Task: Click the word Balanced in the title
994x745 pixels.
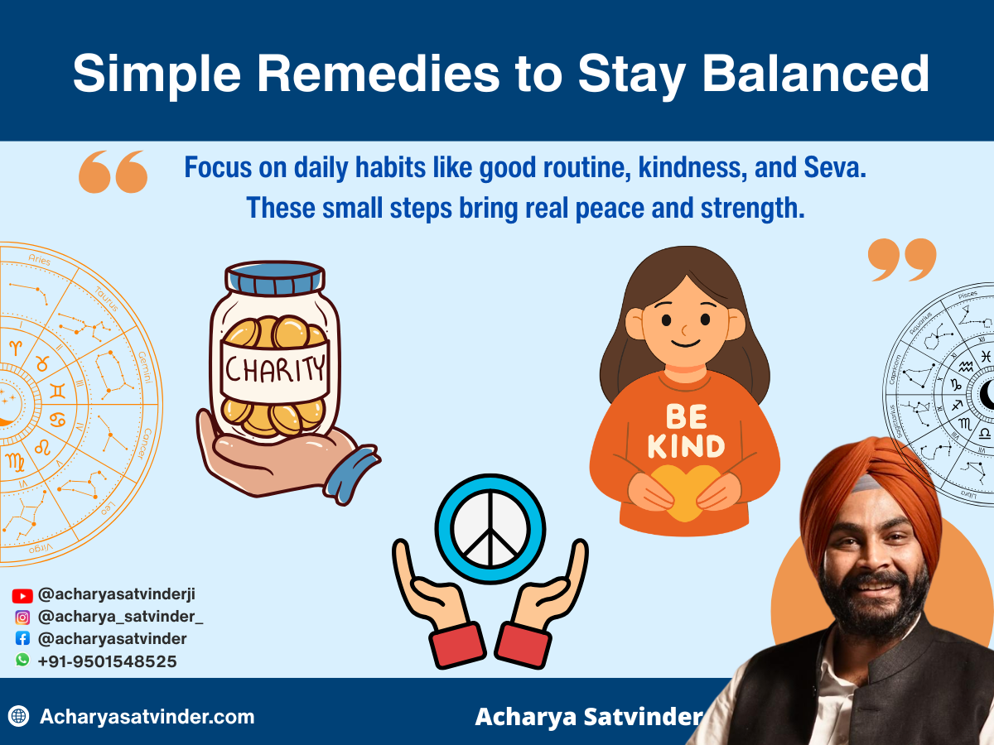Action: [x=816, y=74]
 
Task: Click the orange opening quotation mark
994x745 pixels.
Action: [x=113, y=172]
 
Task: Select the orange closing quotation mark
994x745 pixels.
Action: [x=902, y=259]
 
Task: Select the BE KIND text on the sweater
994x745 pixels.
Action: [x=684, y=431]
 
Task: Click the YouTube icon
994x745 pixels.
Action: [x=22, y=595]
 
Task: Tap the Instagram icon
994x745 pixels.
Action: [x=22, y=618]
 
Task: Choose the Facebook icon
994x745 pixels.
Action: [x=22, y=639]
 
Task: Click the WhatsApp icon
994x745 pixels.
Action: [x=22, y=661]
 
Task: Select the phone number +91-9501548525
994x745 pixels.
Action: [x=107, y=661]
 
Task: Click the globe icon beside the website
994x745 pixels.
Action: [x=18, y=716]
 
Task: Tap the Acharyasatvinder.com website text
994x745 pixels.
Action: [x=147, y=717]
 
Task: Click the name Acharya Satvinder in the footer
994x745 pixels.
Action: [x=588, y=717]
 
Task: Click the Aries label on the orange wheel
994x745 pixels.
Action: [x=39, y=260]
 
